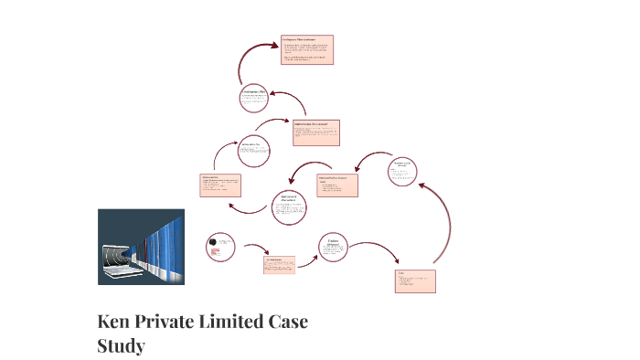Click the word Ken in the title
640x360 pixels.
click(114, 323)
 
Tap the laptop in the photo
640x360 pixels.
click(120, 259)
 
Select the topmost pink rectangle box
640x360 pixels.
click(306, 49)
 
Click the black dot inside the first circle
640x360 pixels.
click(214, 240)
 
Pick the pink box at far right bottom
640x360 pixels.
click(415, 281)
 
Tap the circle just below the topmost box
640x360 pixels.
click(253, 98)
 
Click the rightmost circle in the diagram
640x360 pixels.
click(403, 171)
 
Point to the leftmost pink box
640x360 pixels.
click(221, 185)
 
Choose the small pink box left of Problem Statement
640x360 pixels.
click(279, 265)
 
